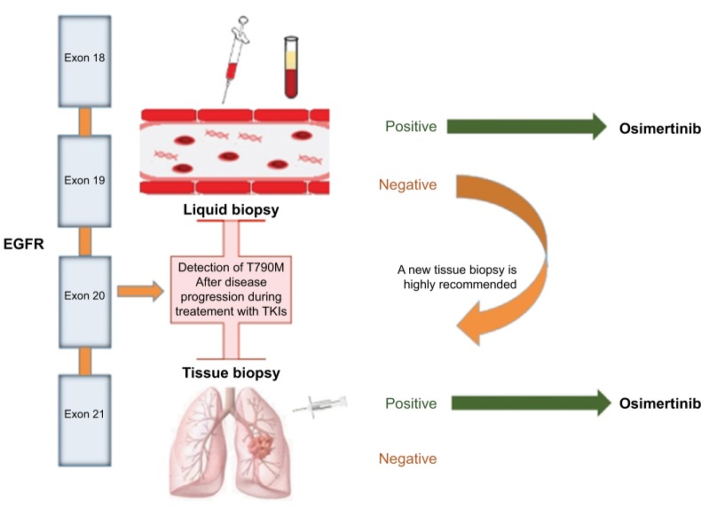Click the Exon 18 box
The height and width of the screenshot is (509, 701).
(84, 61)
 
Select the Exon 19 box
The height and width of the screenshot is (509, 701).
(84, 181)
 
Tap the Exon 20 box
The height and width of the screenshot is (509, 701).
(84, 302)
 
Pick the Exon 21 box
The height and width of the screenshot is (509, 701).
(84, 420)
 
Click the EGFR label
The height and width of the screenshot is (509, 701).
(24, 244)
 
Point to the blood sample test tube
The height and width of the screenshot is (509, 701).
(291, 67)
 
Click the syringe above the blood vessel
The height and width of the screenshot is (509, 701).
(235, 60)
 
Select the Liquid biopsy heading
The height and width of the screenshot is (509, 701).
(231, 209)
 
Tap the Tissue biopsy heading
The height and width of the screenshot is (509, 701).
(231, 372)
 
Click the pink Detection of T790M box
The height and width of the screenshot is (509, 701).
(231, 290)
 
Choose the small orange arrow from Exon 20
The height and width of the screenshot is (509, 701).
(141, 292)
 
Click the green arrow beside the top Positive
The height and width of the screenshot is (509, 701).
(527, 127)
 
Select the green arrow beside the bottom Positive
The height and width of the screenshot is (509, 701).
(532, 403)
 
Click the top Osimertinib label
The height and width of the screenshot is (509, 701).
(660, 129)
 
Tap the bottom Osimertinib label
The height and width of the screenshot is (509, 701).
(660, 403)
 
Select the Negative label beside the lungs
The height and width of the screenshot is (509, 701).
(407, 458)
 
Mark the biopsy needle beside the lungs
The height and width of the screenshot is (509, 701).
(319, 406)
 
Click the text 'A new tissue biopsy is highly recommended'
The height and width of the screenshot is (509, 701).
(457, 277)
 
